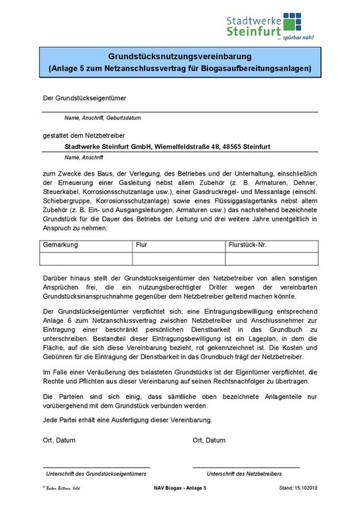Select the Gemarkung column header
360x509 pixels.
coord(60,245)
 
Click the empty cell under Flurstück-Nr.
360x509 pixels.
coord(272,258)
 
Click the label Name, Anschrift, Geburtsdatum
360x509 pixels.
coord(102,117)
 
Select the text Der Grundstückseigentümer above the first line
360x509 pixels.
coord(84,99)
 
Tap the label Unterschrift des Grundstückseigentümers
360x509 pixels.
coord(95,474)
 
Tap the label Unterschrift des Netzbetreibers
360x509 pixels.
coord(244,474)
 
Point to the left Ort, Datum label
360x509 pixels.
coord(59,439)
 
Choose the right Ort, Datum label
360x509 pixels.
coord(209,439)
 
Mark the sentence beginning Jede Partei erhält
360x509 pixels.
coord(127,420)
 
